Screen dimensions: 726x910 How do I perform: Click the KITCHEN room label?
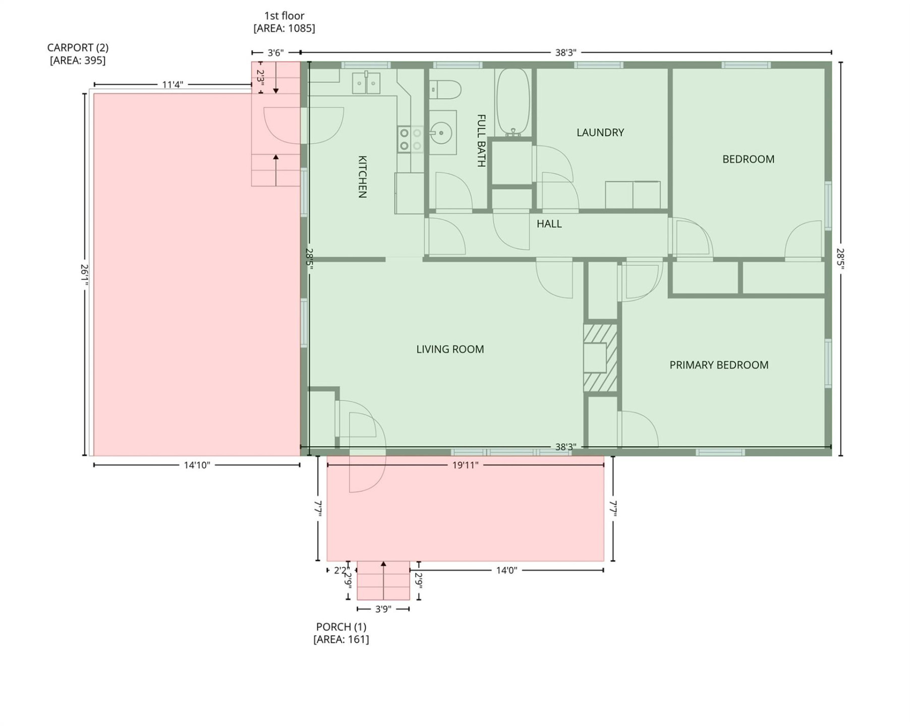362,176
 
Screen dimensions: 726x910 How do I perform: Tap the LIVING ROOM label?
450,349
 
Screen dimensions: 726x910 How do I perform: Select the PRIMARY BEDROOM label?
718,365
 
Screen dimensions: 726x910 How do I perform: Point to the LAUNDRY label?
600,133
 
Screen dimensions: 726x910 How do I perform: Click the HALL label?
549,224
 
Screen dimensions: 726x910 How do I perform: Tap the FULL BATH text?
481,141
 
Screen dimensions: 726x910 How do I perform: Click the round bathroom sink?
441,133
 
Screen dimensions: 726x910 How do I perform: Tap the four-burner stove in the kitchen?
410,140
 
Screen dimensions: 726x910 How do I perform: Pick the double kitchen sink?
366,83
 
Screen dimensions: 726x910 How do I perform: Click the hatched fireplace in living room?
600,358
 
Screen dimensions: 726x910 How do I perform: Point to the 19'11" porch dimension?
465,465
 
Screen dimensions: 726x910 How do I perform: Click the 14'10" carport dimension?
196,465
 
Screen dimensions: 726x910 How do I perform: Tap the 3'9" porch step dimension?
383,609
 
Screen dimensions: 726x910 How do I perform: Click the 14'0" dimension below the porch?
506,570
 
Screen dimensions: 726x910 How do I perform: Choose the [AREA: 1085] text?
284,28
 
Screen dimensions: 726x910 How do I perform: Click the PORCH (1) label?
341,627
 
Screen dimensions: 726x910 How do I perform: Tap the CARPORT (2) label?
78,48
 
